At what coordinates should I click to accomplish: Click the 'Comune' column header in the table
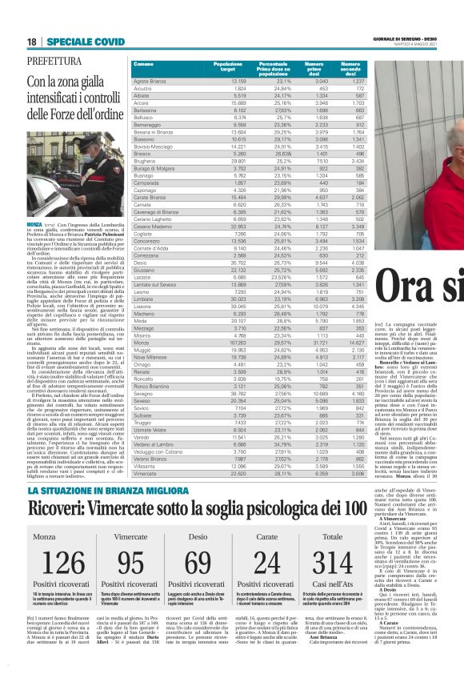coord(144,63)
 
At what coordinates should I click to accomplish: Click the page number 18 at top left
coord(32,42)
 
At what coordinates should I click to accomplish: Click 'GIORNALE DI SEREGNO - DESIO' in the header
coord(402,39)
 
